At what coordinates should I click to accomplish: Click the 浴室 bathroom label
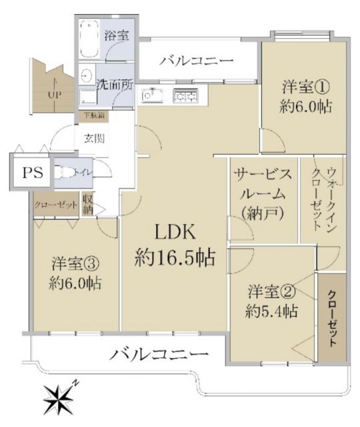tap(116, 36)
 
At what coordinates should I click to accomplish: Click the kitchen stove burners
tap(186, 97)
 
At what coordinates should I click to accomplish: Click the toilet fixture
tap(66, 173)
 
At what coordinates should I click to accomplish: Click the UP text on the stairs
tap(54, 94)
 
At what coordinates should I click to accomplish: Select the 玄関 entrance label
tap(93, 139)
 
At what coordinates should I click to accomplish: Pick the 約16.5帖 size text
tap(175, 257)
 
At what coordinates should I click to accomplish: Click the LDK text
tap(175, 232)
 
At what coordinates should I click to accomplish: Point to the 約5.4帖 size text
tap(271, 312)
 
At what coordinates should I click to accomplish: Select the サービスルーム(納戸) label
tap(262, 193)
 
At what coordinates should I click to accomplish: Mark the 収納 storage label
tap(87, 204)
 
